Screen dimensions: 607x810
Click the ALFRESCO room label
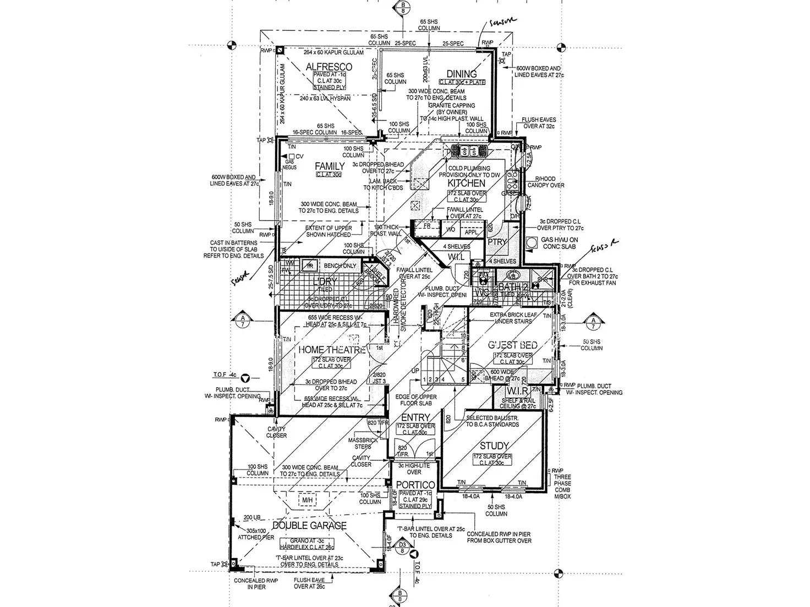(329, 67)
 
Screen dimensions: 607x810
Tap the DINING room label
(461, 74)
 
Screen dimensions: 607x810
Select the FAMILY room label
(329, 166)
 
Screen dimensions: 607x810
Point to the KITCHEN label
(466, 183)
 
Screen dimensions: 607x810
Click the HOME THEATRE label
(332, 350)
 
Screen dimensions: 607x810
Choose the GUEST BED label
(512, 345)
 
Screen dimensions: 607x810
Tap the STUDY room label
(494, 446)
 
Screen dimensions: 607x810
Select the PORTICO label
(415, 485)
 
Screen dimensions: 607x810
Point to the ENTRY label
(415, 418)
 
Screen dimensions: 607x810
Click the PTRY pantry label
(497, 242)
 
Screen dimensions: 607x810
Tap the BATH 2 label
(513, 286)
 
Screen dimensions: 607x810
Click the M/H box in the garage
(307, 500)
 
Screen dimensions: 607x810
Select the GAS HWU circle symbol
(532, 242)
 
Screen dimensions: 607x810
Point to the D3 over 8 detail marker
(403, 547)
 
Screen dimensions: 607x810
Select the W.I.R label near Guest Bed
(517, 391)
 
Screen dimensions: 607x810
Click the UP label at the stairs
(415, 372)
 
